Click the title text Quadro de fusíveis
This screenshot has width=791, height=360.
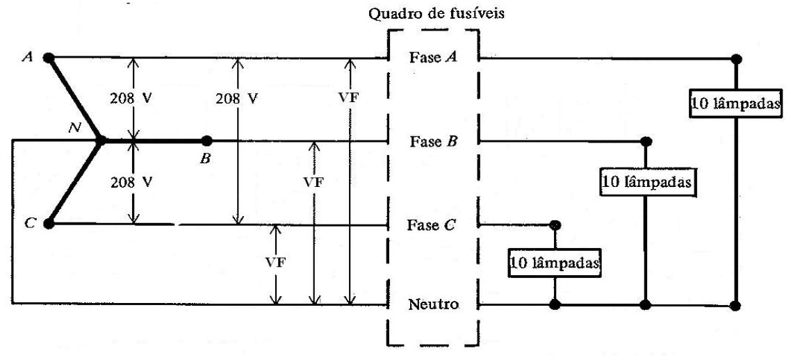tap(437, 14)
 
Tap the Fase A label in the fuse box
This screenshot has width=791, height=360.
tap(433, 58)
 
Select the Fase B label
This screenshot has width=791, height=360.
tap(433, 141)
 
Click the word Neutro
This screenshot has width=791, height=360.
tap(434, 304)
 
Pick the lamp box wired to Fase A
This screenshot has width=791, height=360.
tap(736, 105)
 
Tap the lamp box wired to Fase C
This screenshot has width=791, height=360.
tap(555, 263)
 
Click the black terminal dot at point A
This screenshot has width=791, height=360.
tap(49, 58)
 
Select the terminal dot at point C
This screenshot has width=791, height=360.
tap(49, 224)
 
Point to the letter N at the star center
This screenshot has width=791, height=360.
tap(76, 128)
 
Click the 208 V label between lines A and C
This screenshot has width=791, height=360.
tap(236, 98)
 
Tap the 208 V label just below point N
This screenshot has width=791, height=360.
tap(131, 182)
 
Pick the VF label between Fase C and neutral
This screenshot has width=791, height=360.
tap(275, 263)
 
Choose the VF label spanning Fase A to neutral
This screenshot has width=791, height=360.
tap(349, 98)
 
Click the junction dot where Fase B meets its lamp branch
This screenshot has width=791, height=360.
tap(645, 140)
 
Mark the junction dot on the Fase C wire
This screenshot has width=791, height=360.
tap(555, 224)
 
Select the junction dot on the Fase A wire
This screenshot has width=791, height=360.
tap(736, 59)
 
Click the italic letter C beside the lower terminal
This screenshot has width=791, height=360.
tap(30, 224)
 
